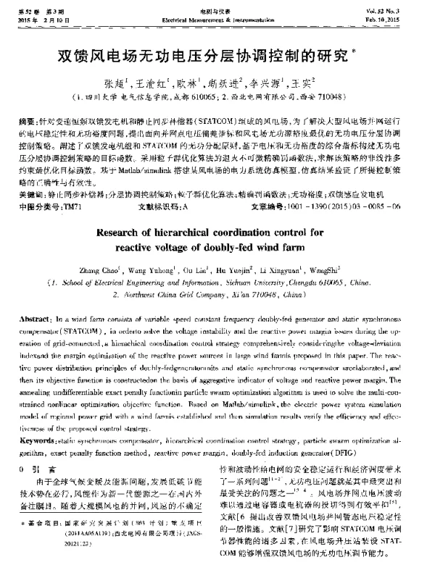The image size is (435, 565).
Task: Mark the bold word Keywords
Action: click(36, 440)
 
